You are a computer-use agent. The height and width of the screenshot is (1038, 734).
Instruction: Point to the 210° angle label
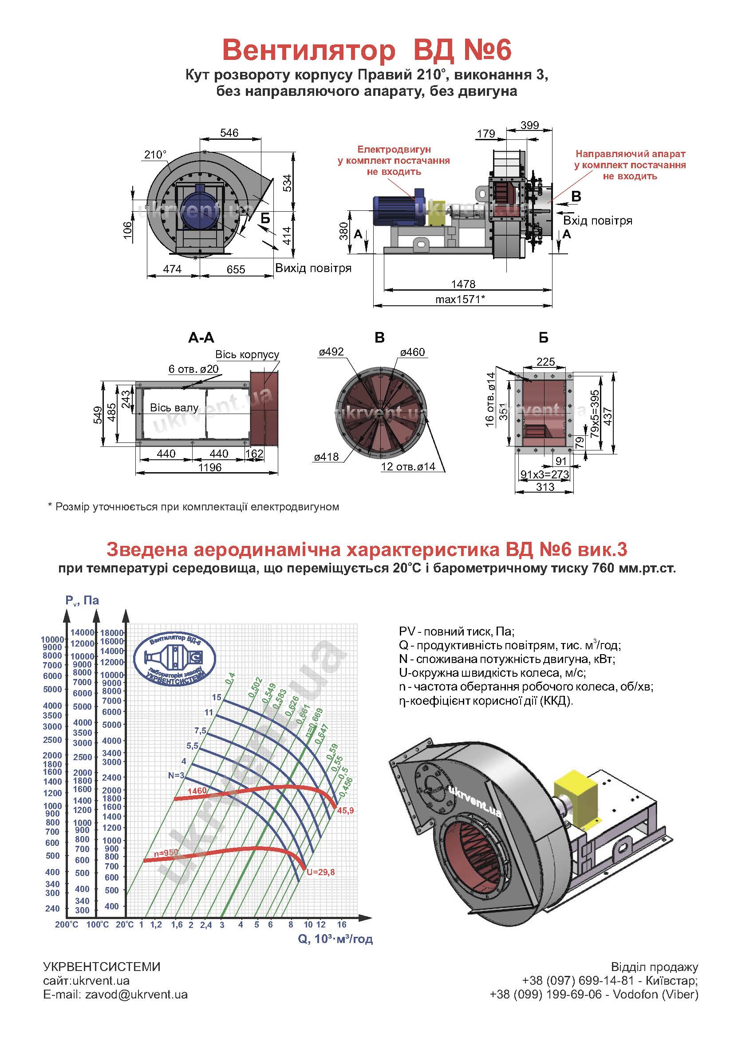pyautogui.click(x=155, y=154)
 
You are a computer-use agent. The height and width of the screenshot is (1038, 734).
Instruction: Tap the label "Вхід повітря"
pyautogui.click(x=597, y=221)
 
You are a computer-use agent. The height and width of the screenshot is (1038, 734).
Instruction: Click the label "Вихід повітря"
pyautogui.click(x=313, y=268)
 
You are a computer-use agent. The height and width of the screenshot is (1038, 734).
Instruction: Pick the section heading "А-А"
pyautogui.click(x=201, y=338)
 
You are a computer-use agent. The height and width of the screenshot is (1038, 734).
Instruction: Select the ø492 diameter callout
pyautogui.click(x=331, y=352)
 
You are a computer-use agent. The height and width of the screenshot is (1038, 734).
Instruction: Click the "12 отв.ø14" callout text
pyautogui.click(x=408, y=466)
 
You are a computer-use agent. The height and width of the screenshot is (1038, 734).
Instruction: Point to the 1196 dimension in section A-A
pyautogui.click(x=210, y=467)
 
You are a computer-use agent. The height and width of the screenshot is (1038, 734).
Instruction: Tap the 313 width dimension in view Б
pyautogui.click(x=545, y=487)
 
